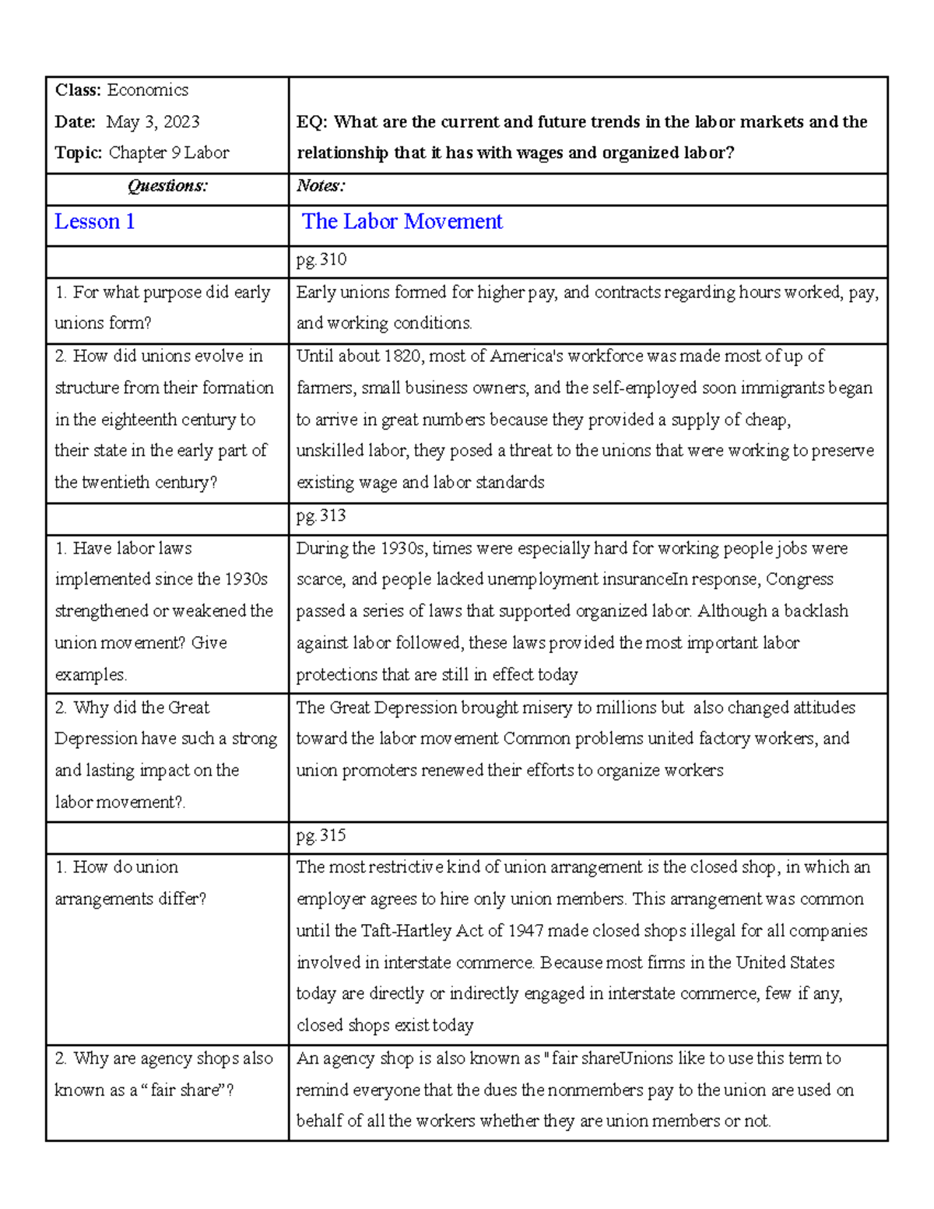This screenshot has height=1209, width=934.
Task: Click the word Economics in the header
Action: click(147, 90)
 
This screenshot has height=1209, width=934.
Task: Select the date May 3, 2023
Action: click(153, 121)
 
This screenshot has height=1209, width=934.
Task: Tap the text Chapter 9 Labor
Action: click(169, 153)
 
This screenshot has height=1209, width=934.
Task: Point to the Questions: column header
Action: click(167, 186)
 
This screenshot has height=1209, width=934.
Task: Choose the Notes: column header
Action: click(321, 186)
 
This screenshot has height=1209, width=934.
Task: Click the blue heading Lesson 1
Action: click(94, 222)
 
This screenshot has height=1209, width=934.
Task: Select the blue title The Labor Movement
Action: click(402, 222)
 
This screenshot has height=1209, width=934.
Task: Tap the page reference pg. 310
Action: click(321, 259)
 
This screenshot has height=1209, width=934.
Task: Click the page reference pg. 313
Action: click(321, 515)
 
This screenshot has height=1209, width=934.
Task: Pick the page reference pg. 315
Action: click(321, 835)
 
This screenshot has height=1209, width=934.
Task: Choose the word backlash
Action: click(815, 611)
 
